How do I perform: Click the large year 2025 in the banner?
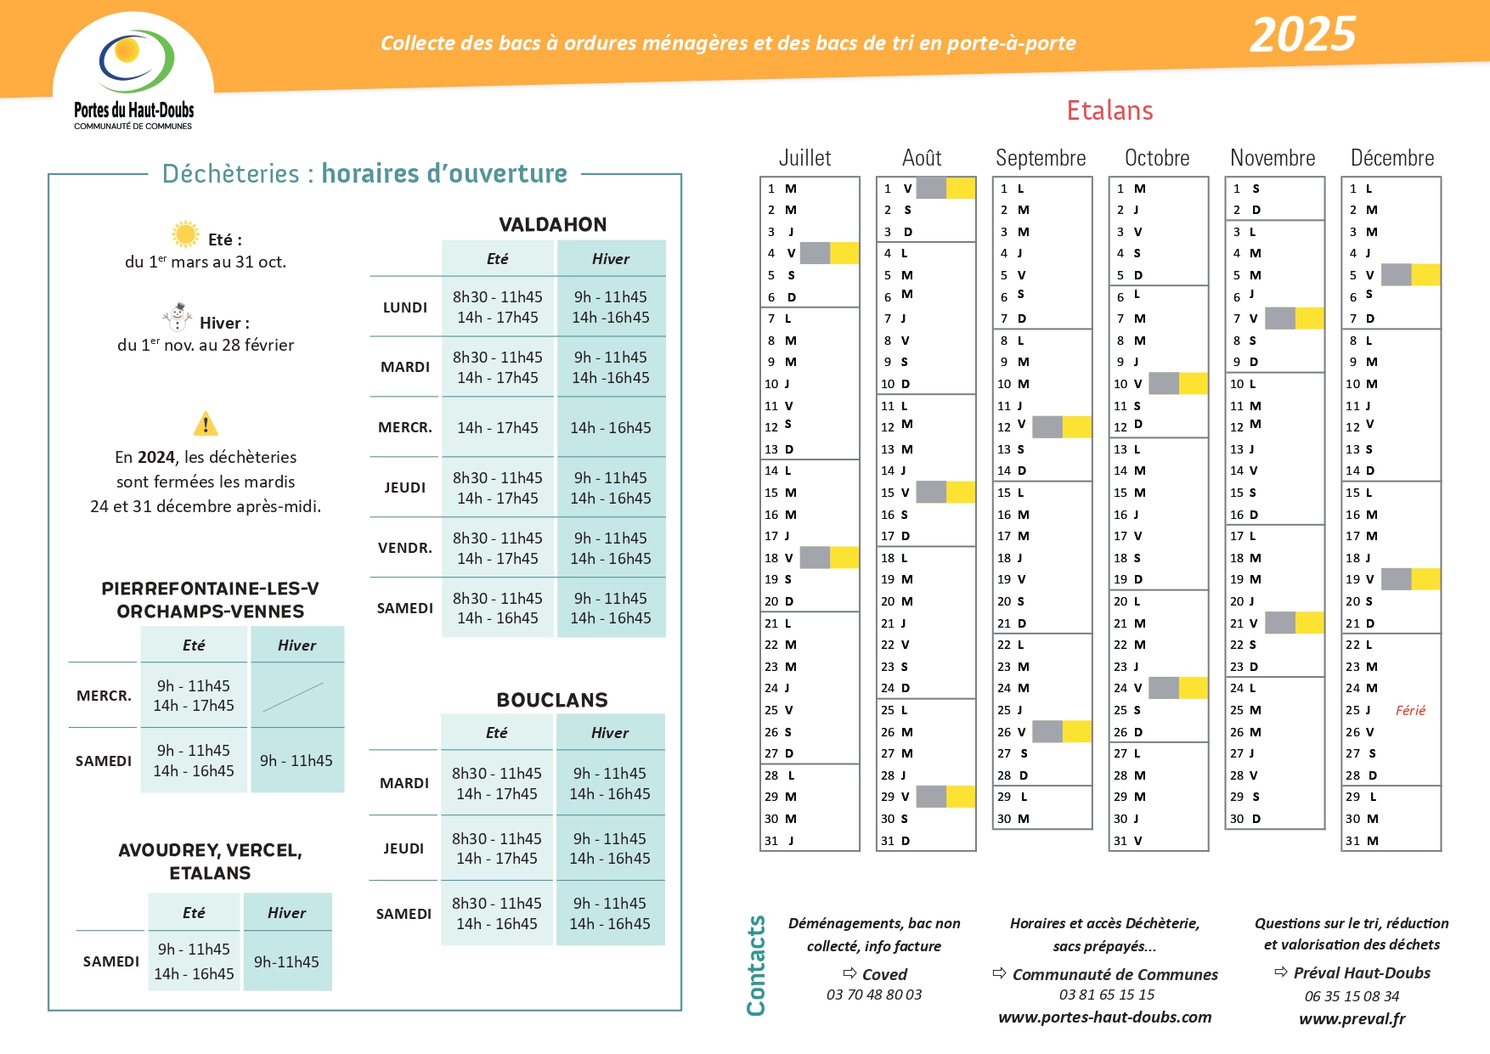click(1302, 36)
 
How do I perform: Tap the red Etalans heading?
click(1109, 111)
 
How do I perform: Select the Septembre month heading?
click(1041, 158)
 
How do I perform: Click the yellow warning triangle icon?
click(206, 423)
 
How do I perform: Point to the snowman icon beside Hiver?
click(178, 317)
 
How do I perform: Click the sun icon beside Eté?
click(184, 234)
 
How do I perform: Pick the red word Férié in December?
click(1410, 711)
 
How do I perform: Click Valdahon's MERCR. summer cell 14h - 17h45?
click(498, 428)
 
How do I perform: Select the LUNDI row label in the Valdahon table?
click(405, 307)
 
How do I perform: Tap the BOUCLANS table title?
click(552, 701)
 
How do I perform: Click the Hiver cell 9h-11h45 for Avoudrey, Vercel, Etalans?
click(287, 962)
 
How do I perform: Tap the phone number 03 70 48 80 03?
click(874, 995)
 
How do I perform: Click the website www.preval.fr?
click(1352, 1018)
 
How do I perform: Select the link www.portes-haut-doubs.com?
click(1104, 1017)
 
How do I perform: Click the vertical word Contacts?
click(756, 966)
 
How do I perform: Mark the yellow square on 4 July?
click(844, 253)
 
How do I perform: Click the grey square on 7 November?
click(1280, 318)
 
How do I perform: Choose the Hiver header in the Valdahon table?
click(611, 259)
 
